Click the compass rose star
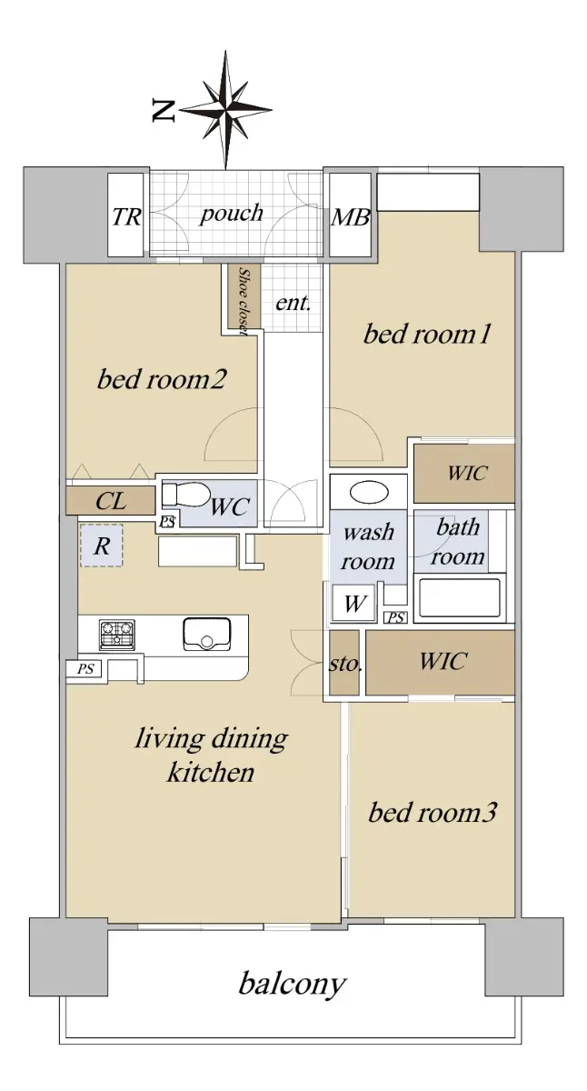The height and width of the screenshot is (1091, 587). (x=226, y=110)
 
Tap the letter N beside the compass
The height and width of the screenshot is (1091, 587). (x=163, y=110)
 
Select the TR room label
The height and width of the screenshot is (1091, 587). (x=126, y=216)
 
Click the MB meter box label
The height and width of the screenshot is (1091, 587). (x=351, y=217)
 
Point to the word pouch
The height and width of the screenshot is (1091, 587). (x=231, y=214)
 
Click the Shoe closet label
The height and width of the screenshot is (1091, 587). (x=244, y=302)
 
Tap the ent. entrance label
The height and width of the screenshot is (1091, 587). (x=293, y=303)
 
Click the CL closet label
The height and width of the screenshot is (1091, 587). (x=111, y=501)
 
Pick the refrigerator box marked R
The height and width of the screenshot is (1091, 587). (x=102, y=545)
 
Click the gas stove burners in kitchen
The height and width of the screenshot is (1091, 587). (x=117, y=635)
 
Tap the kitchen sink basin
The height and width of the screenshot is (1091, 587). (x=207, y=634)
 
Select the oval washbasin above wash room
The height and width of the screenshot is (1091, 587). (x=370, y=493)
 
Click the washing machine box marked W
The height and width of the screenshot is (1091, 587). (x=353, y=604)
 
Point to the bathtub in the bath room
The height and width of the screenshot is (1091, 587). (x=459, y=598)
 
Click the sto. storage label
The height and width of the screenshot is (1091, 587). (x=345, y=664)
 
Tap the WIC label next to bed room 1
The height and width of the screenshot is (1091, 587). (x=467, y=473)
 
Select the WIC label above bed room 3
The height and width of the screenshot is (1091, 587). (x=443, y=661)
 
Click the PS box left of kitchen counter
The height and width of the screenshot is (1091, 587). (x=85, y=669)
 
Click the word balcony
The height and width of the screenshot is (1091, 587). (x=292, y=984)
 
